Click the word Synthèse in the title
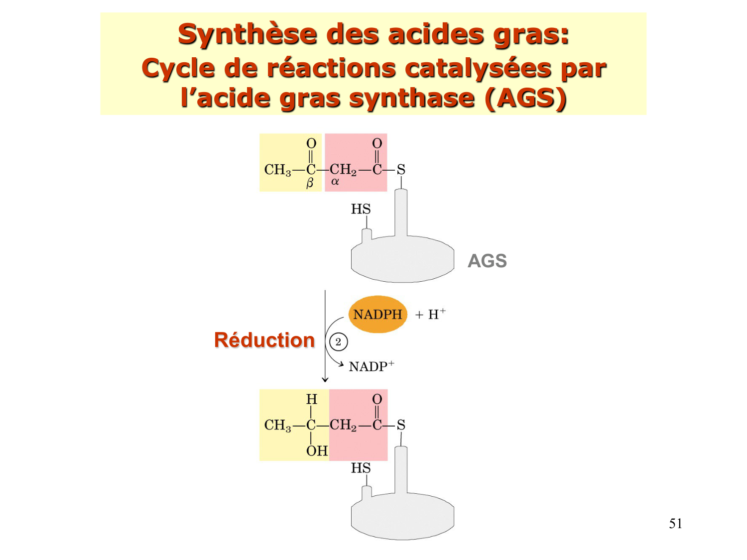[x=248, y=35]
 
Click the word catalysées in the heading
[x=478, y=68]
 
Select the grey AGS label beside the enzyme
[x=487, y=261]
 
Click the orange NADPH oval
[x=377, y=315]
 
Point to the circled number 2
[x=338, y=342]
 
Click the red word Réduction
[x=264, y=340]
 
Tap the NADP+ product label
[x=371, y=367]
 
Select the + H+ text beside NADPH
[x=431, y=315]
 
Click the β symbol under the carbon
[x=310, y=183]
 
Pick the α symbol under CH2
[x=335, y=182]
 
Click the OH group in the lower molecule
[x=317, y=451]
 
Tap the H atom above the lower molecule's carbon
[x=311, y=399]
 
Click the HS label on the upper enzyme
[x=361, y=209]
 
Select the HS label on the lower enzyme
[x=361, y=468]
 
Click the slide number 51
[x=675, y=524]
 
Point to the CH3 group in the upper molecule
[x=277, y=170]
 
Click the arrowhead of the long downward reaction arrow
[x=325, y=380]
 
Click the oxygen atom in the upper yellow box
[x=311, y=143]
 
